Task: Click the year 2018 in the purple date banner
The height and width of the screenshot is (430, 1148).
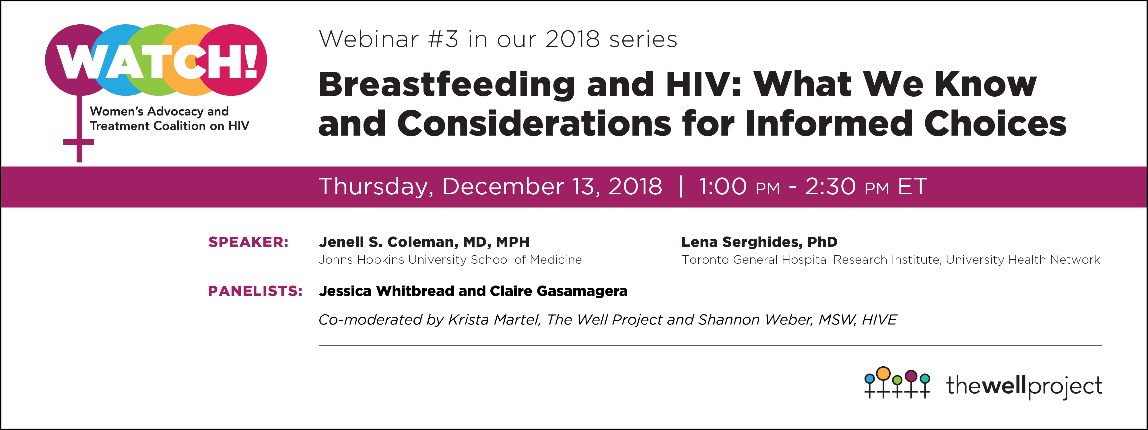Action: [635, 186]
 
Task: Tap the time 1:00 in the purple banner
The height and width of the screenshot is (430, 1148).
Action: [723, 186]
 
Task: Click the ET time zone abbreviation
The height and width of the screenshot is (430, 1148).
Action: [912, 186]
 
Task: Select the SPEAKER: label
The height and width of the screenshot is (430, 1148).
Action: [248, 242]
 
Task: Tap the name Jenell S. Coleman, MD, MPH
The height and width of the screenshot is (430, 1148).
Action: [424, 242]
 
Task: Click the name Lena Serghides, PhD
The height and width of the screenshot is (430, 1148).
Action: [759, 242]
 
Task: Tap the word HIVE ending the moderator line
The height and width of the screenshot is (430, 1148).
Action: [879, 320]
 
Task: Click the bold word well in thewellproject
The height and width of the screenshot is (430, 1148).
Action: [1005, 386]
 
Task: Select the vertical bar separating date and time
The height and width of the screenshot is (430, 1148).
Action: [681, 186]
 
